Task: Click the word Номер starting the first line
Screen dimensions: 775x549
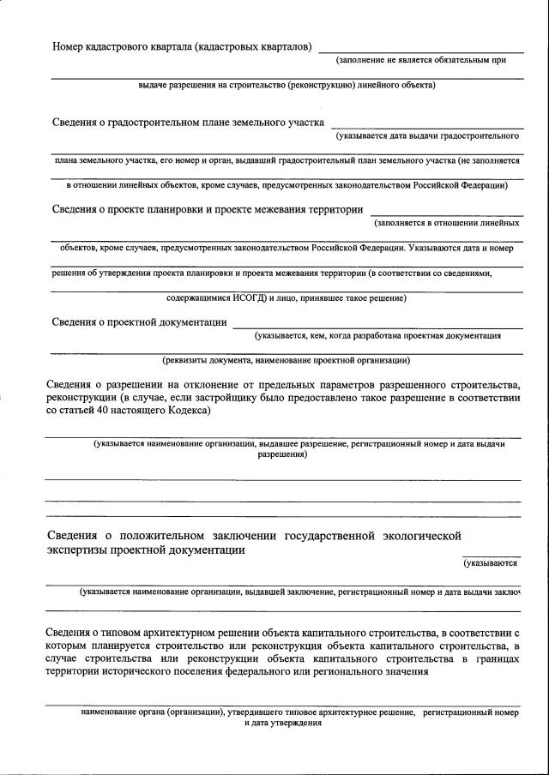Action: click(x=70, y=45)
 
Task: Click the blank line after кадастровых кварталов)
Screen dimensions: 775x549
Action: click(x=420, y=51)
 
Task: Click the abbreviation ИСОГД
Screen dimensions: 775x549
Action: click(x=250, y=298)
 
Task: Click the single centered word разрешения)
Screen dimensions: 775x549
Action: click(x=282, y=455)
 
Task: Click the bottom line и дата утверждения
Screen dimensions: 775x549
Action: click(x=282, y=723)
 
